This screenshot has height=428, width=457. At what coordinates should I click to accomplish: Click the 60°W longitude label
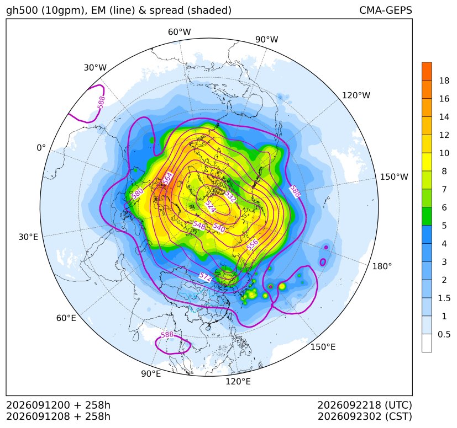pyautogui.click(x=179, y=32)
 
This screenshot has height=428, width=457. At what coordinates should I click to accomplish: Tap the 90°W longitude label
pyautogui.click(x=267, y=40)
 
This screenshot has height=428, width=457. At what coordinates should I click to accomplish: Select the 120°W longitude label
pyautogui.click(x=356, y=95)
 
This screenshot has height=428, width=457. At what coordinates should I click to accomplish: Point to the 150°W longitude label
pyautogui.click(x=394, y=176)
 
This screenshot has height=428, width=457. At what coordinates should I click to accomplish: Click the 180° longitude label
pyautogui.click(x=382, y=266)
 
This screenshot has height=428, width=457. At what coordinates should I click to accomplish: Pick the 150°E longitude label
pyautogui.click(x=323, y=347)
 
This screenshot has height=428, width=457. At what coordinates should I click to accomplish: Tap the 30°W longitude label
pyautogui.click(x=95, y=67)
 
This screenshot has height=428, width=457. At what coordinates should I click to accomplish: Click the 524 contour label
pyautogui.click(x=210, y=206)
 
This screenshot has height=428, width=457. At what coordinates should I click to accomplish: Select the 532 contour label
pyautogui.click(x=230, y=196)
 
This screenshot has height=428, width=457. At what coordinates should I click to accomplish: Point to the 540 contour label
pyautogui.click(x=219, y=227)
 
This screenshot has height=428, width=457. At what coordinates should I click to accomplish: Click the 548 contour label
pyautogui.click(x=199, y=225)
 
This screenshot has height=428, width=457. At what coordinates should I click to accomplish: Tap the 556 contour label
pyautogui.click(x=253, y=244)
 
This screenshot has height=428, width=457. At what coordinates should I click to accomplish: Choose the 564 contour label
pyautogui.click(x=168, y=179)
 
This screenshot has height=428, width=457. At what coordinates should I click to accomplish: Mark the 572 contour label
pyautogui.click(x=206, y=277)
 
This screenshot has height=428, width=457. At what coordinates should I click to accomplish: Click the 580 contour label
pyautogui.click(x=137, y=194)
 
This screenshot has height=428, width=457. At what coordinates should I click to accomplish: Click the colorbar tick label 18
pyautogui.click(x=444, y=81)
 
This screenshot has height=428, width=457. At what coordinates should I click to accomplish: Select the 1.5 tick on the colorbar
pyautogui.click(x=444, y=298)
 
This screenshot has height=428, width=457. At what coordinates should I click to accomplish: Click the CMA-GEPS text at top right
pyautogui.click(x=386, y=10)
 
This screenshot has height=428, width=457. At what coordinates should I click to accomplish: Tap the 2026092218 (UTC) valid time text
pyautogui.click(x=365, y=405)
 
